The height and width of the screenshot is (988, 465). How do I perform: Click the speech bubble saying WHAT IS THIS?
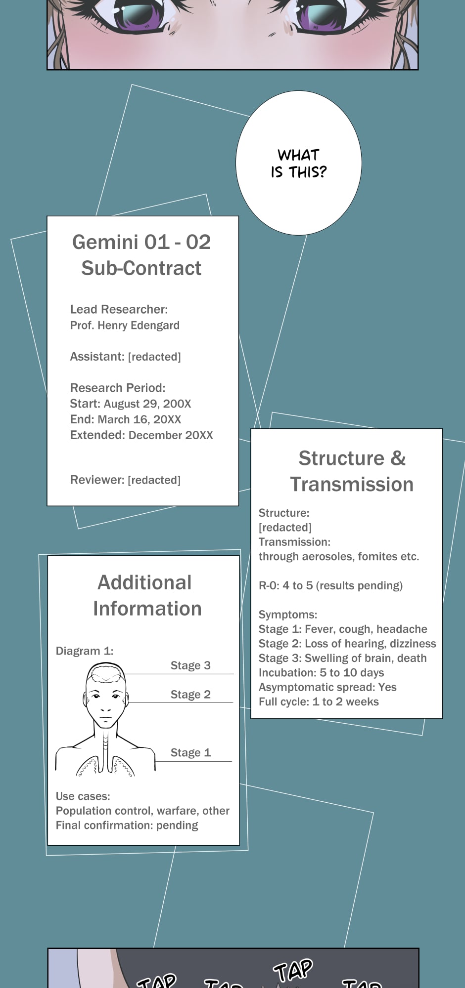click(298, 163)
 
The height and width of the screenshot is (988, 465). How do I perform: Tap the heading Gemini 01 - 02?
click(141, 242)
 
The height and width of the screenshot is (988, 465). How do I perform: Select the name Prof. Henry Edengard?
click(125, 326)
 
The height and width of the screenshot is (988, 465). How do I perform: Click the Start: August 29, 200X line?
click(131, 404)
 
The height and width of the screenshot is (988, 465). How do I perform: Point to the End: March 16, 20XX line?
click(126, 419)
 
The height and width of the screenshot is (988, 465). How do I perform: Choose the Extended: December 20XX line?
click(141, 435)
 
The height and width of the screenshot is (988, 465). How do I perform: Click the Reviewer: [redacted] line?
click(125, 480)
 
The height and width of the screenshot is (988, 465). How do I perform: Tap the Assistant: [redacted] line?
click(125, 357)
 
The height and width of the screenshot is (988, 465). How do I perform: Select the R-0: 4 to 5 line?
click(330, 585)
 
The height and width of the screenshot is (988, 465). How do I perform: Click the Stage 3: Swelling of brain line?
click(342, 658)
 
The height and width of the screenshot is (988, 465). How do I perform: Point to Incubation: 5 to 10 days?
click(321, 673)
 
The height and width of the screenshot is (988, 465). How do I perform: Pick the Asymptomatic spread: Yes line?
click(327, 687)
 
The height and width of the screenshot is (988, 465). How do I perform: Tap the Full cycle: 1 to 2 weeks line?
click(319, 701)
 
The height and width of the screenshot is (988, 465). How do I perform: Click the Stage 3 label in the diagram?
click(190, 665)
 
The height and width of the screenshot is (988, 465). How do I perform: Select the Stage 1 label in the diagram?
click(190, 752)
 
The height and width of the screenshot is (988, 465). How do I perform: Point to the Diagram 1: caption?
click(85, 651)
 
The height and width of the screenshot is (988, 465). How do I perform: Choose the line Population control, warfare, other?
click(142, 811)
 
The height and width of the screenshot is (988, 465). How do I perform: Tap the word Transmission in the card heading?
click(352, 485)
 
